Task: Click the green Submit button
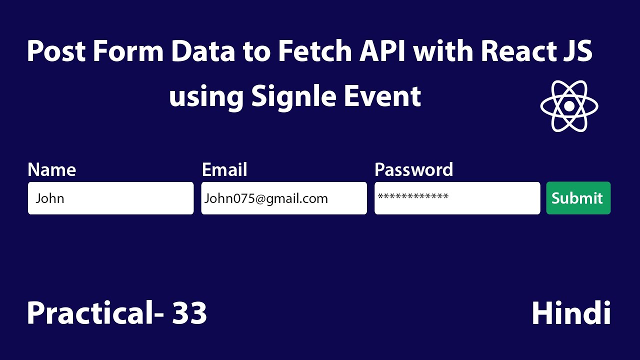coord(578,198)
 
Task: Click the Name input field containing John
coord(110,198)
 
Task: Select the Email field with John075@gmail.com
coord(283,198)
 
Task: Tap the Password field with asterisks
coord(457,198)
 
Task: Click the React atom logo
coord(569,106)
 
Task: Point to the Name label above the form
coord(51,170)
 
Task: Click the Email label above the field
coord(224,170)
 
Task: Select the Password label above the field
coord(413,170)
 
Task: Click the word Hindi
coord(571,313)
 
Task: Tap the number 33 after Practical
coord(189,313)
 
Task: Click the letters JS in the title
coord(576,52)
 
